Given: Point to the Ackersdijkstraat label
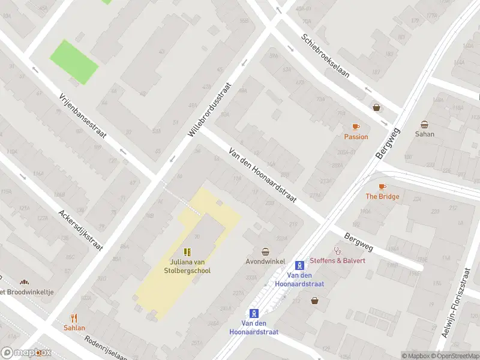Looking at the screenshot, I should click(80, 230).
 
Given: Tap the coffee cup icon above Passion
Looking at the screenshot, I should click(356, 127).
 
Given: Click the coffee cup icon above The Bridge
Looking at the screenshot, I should click(382, 187).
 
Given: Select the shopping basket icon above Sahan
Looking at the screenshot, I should click(424, 124).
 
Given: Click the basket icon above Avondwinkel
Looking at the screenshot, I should click(265, 251).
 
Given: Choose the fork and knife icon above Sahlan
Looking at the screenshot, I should click(74, 317).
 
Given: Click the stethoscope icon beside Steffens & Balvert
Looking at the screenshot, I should click(337, 251).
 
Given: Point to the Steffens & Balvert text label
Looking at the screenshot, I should click(337, 260).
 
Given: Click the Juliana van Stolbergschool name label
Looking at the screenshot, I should click(189, 266).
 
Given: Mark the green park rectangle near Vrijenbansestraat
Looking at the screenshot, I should click(73, 61).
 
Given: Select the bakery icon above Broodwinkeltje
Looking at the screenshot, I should click(24, 281).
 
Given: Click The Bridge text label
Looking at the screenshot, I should click(382, 197).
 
